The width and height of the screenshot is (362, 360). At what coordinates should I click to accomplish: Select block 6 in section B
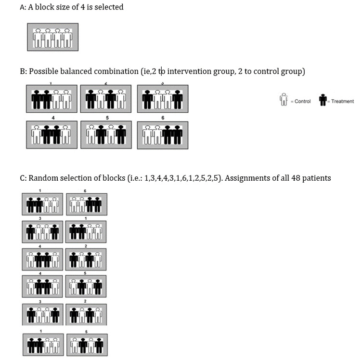pyautogui.click(x=162, y=135)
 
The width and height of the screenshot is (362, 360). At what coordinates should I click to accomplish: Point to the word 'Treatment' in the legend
pyautogui.click(x=342, y=101)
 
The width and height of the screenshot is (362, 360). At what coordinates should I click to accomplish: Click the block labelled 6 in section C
pyautogui.click(x=86, y=205)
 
